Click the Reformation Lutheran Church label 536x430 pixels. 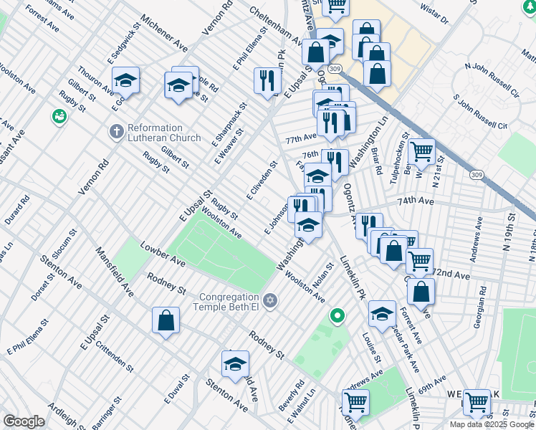pos(164,133)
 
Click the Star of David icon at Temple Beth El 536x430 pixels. pos(270,300)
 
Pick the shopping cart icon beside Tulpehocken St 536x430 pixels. pos(422,151)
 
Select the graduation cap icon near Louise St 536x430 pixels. pos(383,313)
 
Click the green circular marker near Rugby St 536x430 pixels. pos(59,116)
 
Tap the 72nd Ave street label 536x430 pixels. pos(451,275)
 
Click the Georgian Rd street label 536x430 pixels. pos(479,311)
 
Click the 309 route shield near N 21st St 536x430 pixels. pos(477,174)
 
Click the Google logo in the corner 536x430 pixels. pos(24,421)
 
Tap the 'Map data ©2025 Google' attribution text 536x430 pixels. pos(492,424)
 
